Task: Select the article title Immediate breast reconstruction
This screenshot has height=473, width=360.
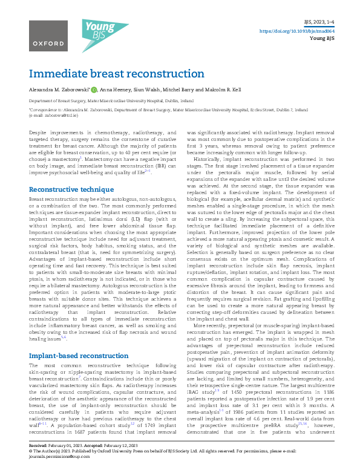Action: (117, 74)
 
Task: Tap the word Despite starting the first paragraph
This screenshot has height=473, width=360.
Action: (39, 131)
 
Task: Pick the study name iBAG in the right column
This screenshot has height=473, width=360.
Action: (195, 391)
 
